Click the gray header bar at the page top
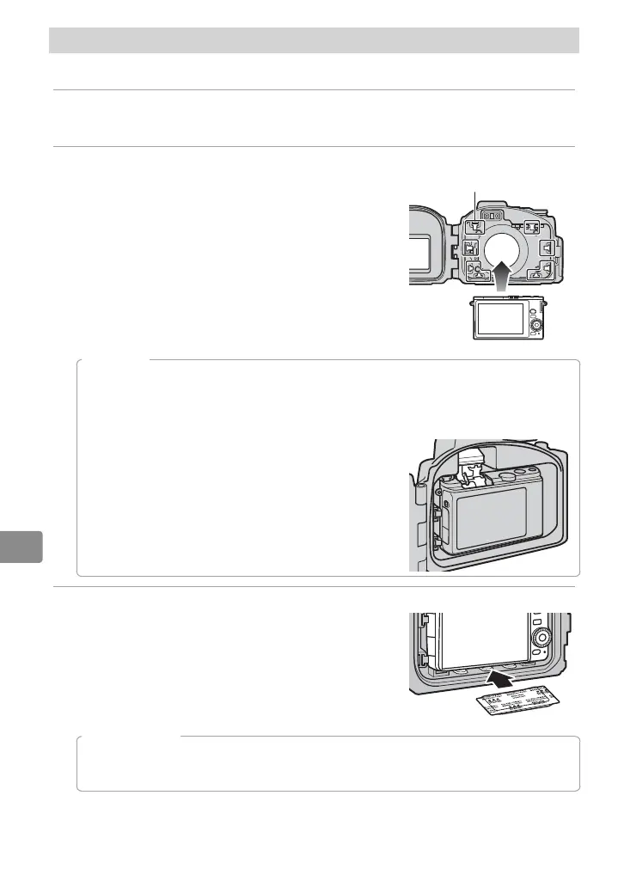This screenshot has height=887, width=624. pos(314,40)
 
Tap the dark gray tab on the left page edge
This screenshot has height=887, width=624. pos(21,546)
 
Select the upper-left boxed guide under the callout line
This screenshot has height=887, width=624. pos(478,227)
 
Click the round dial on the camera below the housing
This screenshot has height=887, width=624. pos(537,326)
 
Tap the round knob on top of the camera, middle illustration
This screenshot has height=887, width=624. pos(507,473)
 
